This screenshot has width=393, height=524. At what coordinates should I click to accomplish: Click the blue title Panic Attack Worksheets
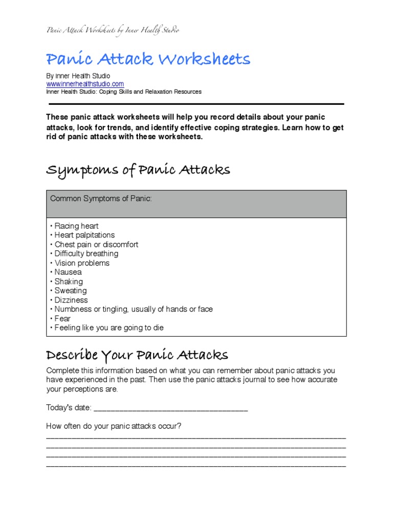[x=148, y=60]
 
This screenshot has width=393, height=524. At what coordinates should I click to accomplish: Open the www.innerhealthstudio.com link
[x=85, y=84]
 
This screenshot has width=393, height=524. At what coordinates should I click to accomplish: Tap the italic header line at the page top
[x=113, y=30]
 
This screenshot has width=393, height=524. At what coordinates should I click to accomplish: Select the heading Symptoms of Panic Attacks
[x=138, y=170]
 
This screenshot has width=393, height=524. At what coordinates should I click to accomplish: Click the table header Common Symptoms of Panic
[x=100, y=199]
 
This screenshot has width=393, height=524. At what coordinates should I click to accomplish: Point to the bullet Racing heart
[x=75, y=226]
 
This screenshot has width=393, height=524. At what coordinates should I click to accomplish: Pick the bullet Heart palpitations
[x=83, y=235]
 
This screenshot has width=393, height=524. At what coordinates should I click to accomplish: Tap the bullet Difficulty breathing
[x=85, y=254]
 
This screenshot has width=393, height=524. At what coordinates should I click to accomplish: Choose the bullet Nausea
[x=67, y=272]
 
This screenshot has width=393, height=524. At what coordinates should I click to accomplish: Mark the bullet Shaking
[x=67, y=281]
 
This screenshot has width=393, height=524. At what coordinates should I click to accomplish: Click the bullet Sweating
[x=69, y=291]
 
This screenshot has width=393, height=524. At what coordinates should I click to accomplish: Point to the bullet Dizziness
[x=70, y=300]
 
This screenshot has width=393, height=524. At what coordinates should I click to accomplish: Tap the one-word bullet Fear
[x=61, y=318]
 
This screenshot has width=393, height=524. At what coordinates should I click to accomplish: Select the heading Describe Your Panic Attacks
[x=137, y=355]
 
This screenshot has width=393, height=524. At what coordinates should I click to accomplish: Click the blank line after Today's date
[x=171, y=408]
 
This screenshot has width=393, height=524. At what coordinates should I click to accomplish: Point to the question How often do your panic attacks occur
[x=114, y=426]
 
